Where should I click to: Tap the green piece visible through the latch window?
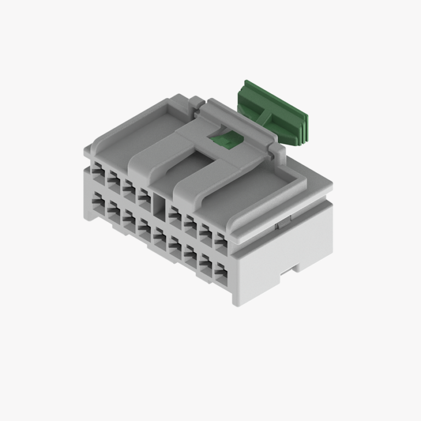click(224, 140)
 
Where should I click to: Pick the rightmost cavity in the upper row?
click(220, 242)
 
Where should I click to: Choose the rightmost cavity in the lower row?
click(221, 271)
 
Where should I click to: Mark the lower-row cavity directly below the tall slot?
click(160, 238)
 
